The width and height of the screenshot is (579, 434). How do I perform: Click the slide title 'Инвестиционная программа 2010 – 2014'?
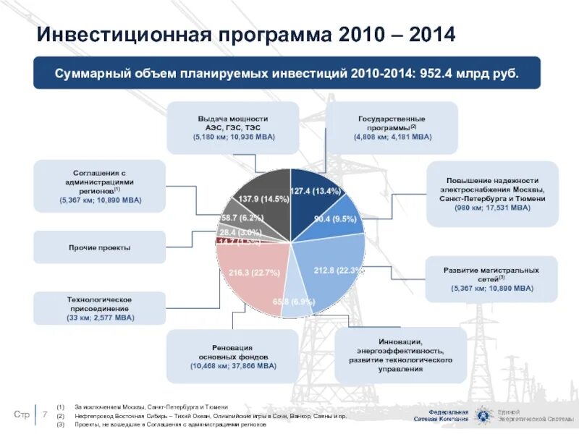246,34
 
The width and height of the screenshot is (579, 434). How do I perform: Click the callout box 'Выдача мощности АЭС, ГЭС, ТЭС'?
233,127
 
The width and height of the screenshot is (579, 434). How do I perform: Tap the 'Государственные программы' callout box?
392,127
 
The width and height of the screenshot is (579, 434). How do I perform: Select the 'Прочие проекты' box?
99,247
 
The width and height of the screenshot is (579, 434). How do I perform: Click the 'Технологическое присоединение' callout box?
99,307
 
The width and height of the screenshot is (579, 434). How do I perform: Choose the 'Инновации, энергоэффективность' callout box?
400,354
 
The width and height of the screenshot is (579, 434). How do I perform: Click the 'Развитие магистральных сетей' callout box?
491,278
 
